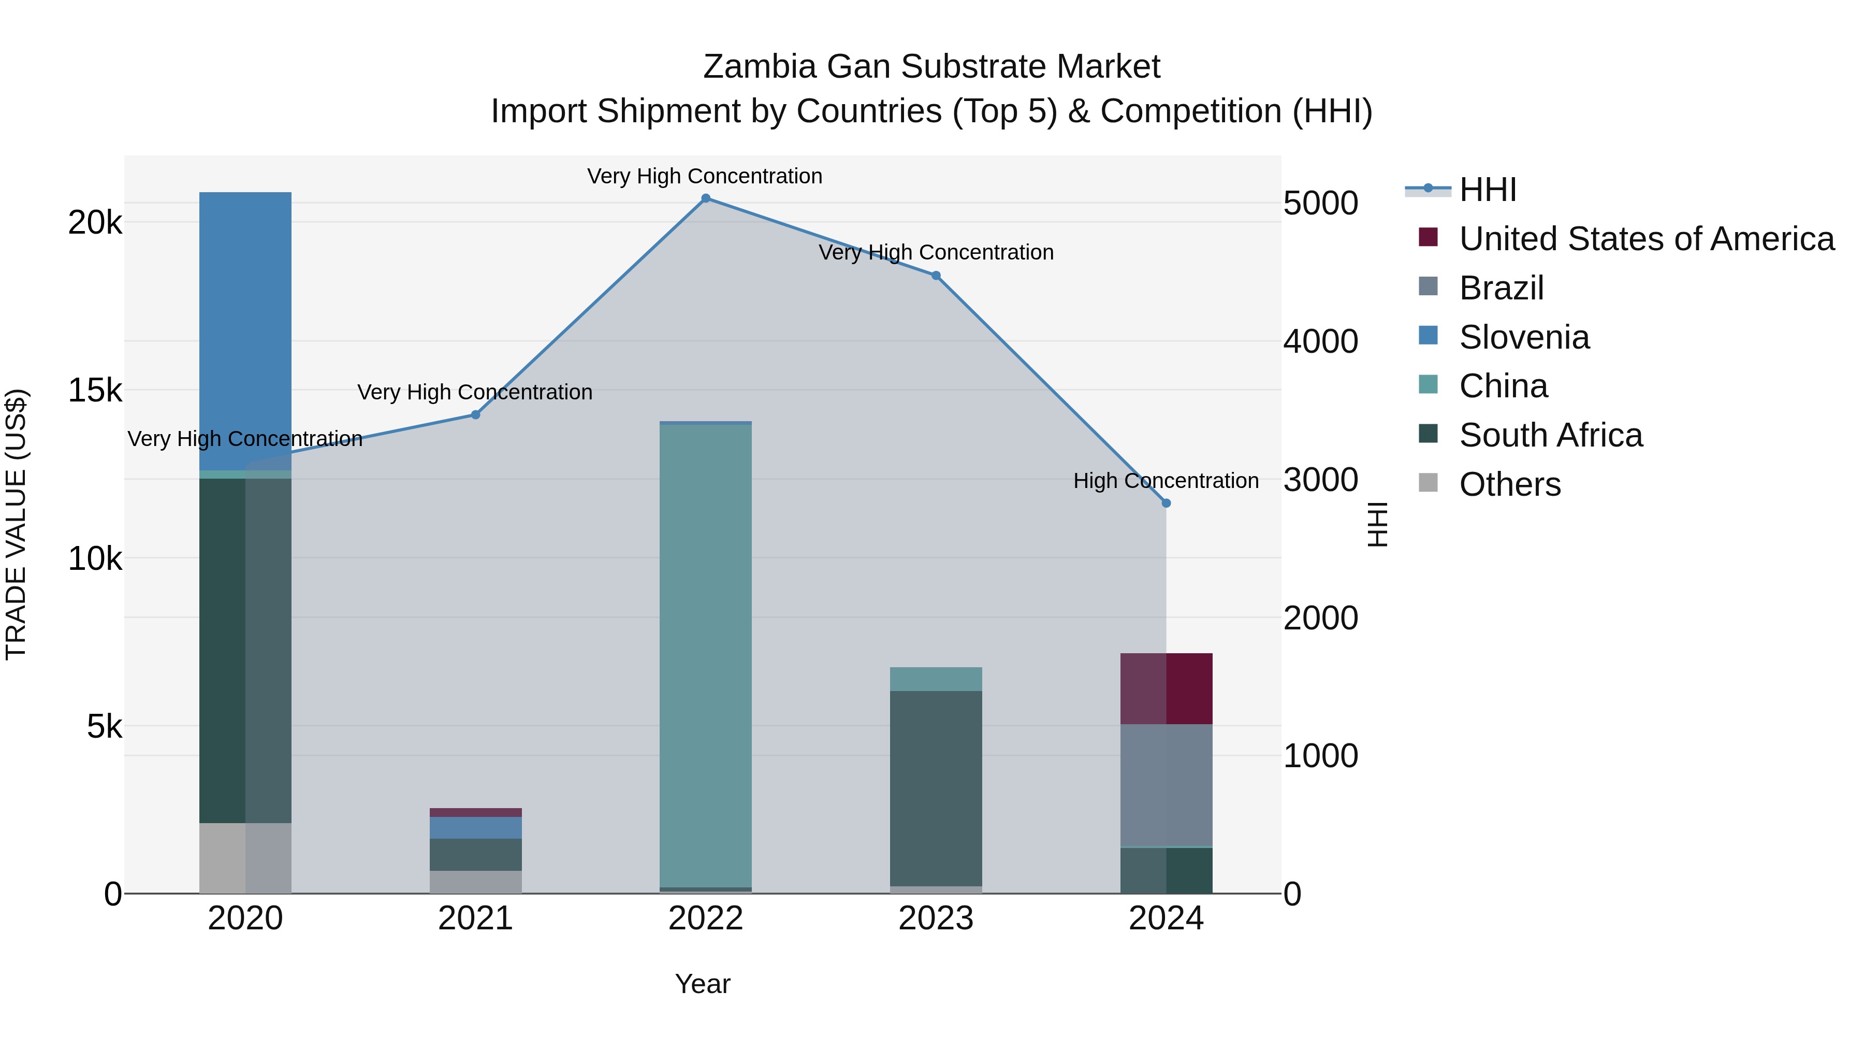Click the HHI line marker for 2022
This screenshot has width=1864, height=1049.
tap(706, 198)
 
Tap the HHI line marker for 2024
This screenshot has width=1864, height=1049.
tap(1166, 503)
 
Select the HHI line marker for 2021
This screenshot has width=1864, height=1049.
tap(475, 415)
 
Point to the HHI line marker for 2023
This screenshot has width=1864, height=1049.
tap(936, 276)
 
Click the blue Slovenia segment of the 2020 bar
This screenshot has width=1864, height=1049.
tap(245, 326)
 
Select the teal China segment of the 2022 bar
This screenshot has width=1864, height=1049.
tap(706, 652)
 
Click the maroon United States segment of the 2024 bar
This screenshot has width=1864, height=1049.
tap(1166, 688)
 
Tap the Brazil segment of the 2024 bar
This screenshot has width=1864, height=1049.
tap(1166, 785)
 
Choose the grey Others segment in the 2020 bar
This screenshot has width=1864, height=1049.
tap(245, 858)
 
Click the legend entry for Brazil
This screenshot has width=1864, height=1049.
tap(1502, 288)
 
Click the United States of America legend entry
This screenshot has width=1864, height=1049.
tap(1646, 239)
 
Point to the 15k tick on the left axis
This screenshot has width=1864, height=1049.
tap(95, 391)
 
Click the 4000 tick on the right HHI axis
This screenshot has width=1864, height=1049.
tap(1320, 342)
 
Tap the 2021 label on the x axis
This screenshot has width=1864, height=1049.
tap(475, 918)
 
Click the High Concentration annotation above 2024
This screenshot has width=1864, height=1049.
tap(1166, 481)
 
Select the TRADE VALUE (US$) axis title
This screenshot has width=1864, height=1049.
tap(16, 524)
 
